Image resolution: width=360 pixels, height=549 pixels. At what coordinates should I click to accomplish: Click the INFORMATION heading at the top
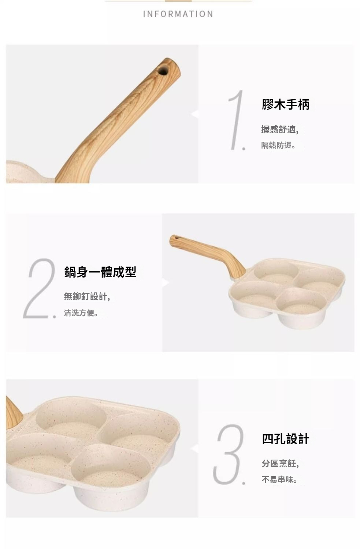pos(178,14)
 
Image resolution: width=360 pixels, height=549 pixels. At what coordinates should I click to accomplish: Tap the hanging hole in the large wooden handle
pos(163,71)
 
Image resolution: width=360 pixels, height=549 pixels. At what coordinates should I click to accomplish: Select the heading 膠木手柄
pos(286,105)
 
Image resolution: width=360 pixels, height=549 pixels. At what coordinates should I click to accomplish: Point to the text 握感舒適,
pos(280,129)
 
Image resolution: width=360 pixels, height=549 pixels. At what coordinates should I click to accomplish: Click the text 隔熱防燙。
pos(278,145)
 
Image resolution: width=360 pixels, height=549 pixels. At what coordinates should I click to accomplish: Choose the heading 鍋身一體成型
pos(100,272)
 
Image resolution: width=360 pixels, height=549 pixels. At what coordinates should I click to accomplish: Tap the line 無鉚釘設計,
pos(87,297)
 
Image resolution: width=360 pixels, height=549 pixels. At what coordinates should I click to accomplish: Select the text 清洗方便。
pos(81,313)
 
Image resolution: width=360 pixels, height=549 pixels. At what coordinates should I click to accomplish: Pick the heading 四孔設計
pos(286,439)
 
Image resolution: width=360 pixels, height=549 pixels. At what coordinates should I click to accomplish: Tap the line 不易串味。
pos(279,480)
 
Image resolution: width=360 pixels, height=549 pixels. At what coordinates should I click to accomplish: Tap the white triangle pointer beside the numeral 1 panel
pos(195,114)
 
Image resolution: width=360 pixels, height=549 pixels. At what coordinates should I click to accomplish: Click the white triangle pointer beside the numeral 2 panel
pos(166,283)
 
